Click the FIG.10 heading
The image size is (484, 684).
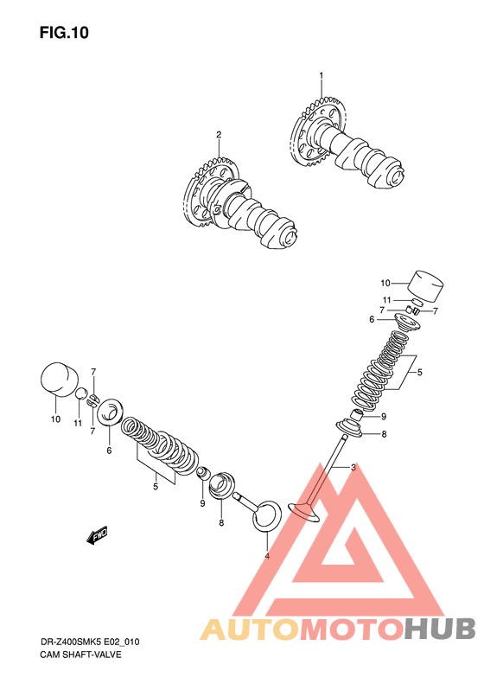click(64, 33)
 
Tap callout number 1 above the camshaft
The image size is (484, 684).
click(322, 75)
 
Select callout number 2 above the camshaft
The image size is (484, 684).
click(219, 134)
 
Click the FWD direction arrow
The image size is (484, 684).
click(97, 535)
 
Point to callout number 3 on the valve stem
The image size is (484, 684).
click(353, 468)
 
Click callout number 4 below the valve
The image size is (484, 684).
click(267, 556)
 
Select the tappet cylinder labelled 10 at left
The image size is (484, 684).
click(60, 379)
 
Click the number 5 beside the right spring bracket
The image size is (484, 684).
click(419, 373)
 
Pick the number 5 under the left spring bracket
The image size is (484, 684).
click(156, 486)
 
